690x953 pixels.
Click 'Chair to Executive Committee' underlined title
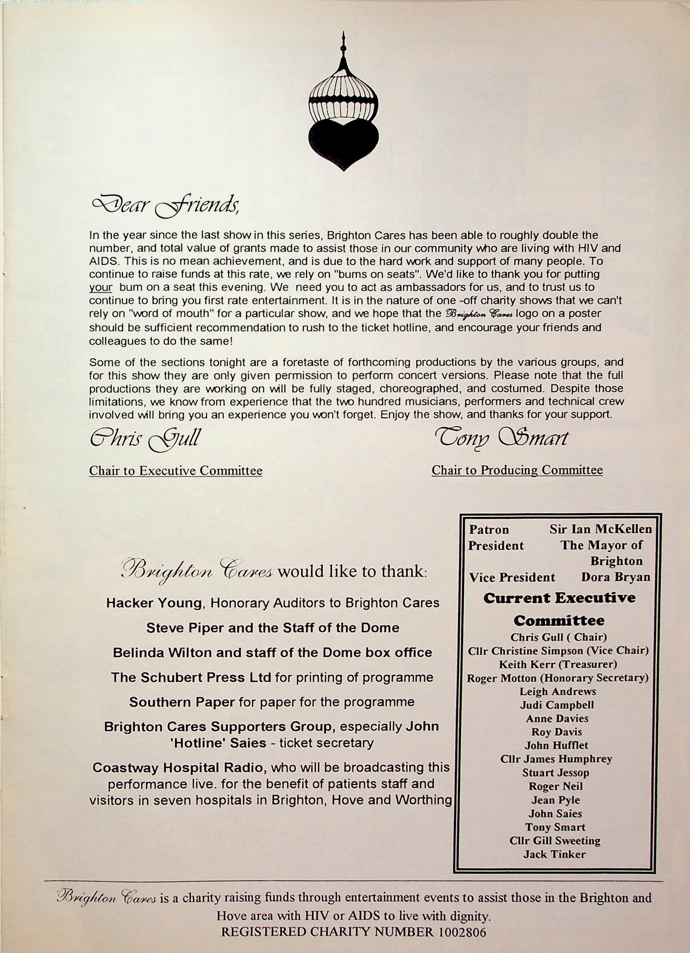(176, 470)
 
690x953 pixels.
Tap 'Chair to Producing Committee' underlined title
(517, 470)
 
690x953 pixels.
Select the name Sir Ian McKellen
(601, 529)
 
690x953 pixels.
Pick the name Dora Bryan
(616, 577)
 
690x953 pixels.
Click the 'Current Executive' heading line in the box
(559, 598)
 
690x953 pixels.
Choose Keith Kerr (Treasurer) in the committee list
(558, 664)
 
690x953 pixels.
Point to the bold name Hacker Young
(153, 603)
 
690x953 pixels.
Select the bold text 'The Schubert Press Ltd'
(191, 677)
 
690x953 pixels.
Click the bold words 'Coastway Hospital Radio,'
(179, 768)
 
